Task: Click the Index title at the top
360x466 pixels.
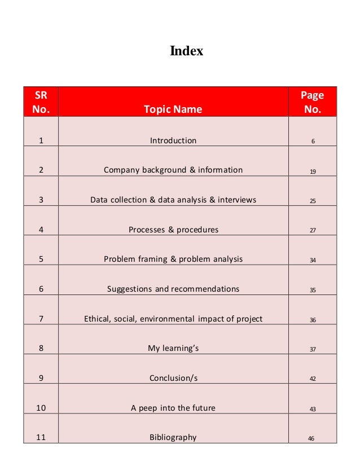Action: (186, 52)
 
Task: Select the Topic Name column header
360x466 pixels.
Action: (173, 109)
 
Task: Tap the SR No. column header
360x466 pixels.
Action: (41, 102)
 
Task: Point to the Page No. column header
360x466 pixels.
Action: (312, 102)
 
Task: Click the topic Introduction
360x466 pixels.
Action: (173, 140)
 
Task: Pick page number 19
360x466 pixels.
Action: (313, 171)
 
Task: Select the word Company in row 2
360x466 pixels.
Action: (121, 170)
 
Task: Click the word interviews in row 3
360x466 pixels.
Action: (237, 200)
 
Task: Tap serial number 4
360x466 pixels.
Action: (41, 230)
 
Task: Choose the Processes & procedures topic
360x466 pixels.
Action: (173, 230)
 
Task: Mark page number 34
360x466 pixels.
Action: (313, 260)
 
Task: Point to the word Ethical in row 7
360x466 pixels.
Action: (98, 319)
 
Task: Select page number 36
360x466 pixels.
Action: (313, 320)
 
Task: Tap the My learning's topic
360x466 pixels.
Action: (173, 349)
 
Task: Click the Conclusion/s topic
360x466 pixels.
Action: (173, 378)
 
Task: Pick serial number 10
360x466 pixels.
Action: (41, 408)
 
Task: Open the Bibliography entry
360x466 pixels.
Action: (173, 437)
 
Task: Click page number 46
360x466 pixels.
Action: (311, 438)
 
